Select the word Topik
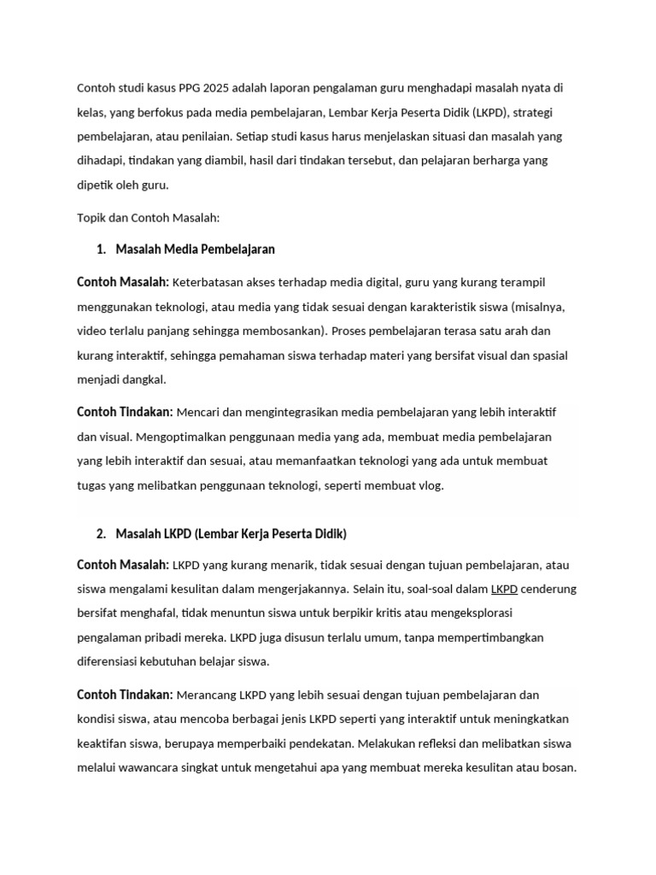(x=92, y=218)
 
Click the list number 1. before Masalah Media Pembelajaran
(x=102, y=250)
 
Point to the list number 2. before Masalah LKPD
(x=102, y=534)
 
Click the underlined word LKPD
(x=504, y=590)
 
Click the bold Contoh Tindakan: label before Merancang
(x=125, y=695)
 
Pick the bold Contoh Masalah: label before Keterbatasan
(x=123, y=282)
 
